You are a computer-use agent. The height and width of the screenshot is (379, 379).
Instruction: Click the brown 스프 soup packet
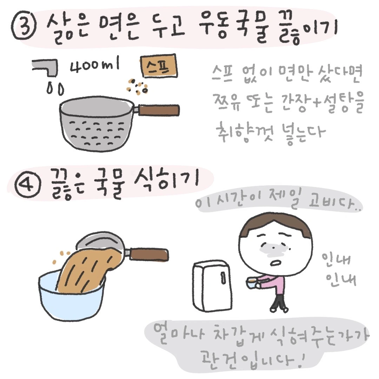159,66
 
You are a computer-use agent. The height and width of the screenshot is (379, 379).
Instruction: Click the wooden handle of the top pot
159,110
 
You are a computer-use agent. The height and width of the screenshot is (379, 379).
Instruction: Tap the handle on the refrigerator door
223,277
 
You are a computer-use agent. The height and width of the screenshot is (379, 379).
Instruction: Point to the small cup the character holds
251,283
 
